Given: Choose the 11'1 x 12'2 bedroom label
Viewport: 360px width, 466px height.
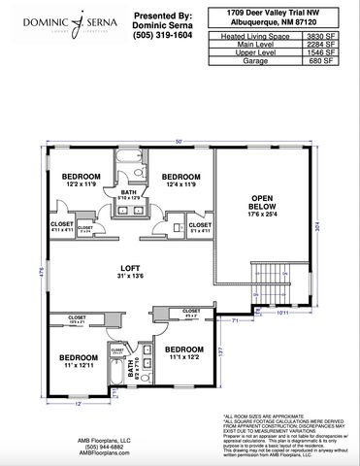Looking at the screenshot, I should (183, 352).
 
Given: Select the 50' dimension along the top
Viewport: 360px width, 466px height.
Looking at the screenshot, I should (179, 142).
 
